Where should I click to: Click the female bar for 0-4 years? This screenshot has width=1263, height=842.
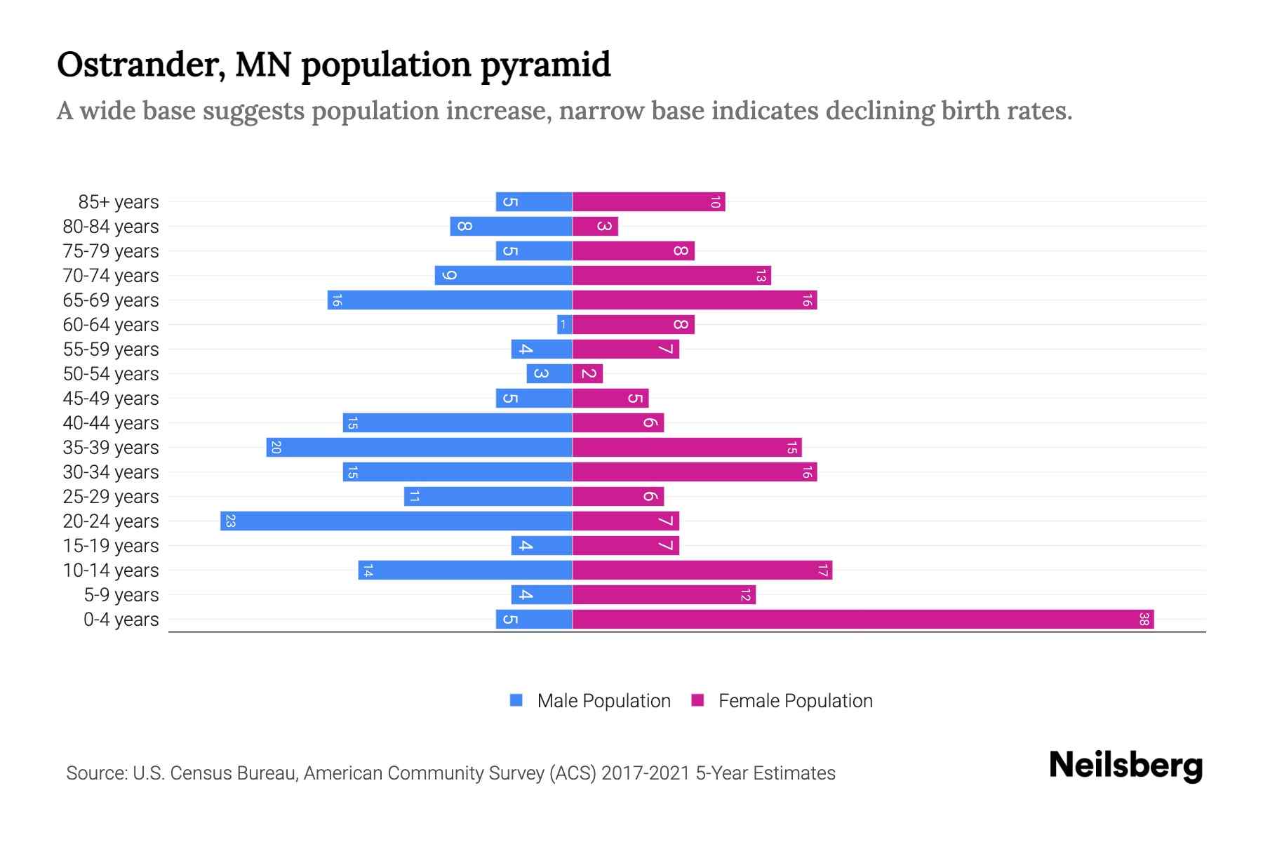pyautogui.click(x=863, y=620)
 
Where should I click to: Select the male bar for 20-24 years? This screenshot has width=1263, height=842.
pyautogui.click(x=396, y=521)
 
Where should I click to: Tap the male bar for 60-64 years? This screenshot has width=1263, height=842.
pyautogui.click(x=564, y=325)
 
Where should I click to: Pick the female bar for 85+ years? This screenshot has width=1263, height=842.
pyautogui.click(x=648, y=202)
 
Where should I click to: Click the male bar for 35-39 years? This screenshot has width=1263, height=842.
pyautogui.click(x=419, y=448)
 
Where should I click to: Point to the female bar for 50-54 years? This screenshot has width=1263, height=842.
pyautogui.click(x=587, y=374)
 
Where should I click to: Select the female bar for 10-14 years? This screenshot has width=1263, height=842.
pyautogui.click(x=702, y=570)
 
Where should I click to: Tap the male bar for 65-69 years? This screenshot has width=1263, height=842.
pyautogui.click(x=449, y=300)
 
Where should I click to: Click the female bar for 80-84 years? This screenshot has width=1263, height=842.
pyautogui.click(x=595, y=227)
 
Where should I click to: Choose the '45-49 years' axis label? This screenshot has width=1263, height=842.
pyautogui.click(x=111, y=399)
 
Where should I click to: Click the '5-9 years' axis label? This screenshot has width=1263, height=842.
pyautogui.click(x=121, y=595)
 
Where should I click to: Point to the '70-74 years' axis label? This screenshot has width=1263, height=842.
pyautogui.click(x=111, y=276)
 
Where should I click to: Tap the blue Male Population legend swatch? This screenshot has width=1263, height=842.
pyautogui.click(x=516, y=700)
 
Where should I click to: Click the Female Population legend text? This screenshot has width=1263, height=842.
pyautogui.click(x=795, y=701)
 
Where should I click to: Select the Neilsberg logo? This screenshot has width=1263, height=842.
pyautogui.click(x=1125, y=766)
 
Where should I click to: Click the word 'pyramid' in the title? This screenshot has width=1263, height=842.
pyautogui.click(x=545, y=65)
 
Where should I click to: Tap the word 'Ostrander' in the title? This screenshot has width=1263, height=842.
pyautogui.click(x=140, y=65)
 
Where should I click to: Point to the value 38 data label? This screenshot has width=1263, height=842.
pyautogui.click(x=1144, y=620)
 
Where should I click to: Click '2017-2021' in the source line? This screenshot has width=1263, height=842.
pyautogui.click(x=646, y=773)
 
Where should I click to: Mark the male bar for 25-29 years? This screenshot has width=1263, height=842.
pyautogui.click(x=488, y=497)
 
